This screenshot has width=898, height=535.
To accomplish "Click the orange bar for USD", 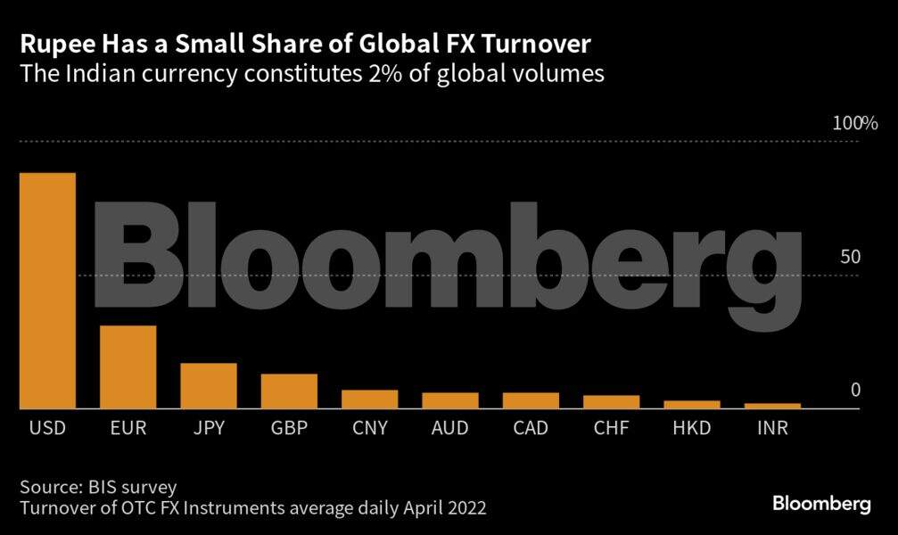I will (x=47, y=290).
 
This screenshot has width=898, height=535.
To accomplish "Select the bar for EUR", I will (x=128, y=366).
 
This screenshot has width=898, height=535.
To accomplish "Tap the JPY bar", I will (x=209, y=385).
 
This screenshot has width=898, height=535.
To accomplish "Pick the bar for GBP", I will (x=289, y=391).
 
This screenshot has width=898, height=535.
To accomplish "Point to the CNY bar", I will (x=369, y=399).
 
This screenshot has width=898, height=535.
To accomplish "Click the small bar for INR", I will (x=772, y=406).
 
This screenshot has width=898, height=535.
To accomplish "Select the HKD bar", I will (x=692, y=404).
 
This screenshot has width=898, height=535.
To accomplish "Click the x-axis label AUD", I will (x=449, y=428).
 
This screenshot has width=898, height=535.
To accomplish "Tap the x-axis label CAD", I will (x=531, y=428).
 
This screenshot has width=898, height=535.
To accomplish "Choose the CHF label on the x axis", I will (x=611, y=428).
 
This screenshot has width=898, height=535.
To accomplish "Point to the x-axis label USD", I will (x=47, y=428).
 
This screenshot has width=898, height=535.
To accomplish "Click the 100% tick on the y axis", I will (x=855, y=124).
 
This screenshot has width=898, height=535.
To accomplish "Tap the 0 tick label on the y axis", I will (x=855, y=390).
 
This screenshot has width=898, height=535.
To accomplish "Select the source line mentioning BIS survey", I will (x=99, y=487).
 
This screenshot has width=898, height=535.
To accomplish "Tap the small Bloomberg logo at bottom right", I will (x=820, y=504).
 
